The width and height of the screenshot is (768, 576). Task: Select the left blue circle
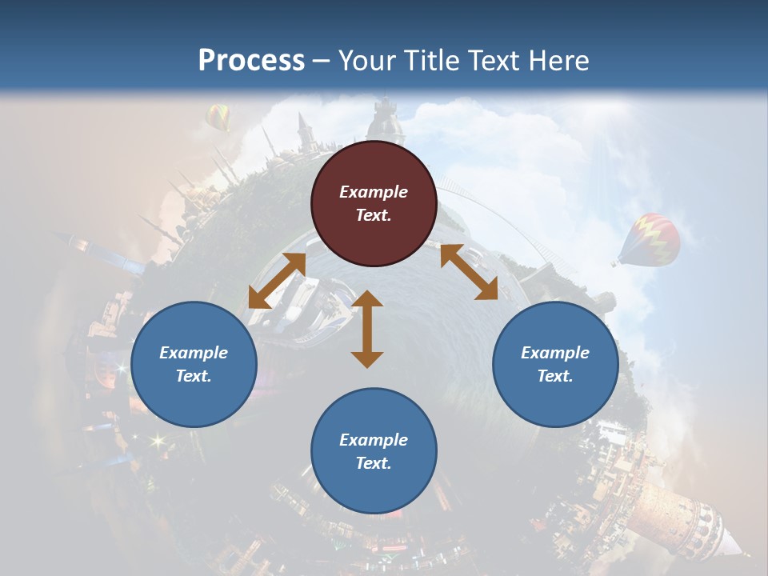[x=194, y=364]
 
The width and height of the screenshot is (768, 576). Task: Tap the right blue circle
[x=555, y=364]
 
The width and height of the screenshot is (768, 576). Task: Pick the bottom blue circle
[x=374, y=451]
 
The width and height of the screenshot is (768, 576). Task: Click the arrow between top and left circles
[x=277, y=281]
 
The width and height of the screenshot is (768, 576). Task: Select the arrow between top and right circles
[x=469, y=272]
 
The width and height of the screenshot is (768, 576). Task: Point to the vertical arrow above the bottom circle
[x=367, y=329]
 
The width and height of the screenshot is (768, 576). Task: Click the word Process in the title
[x=251, y=60]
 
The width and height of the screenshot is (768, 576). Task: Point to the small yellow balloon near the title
[x=218, y=117]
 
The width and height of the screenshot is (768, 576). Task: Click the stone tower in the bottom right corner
[x=688, y=512]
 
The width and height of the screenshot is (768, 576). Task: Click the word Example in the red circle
[x=374, y=192]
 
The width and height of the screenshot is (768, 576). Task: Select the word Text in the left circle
[x=194, y=376]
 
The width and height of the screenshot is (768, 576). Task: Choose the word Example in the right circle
[x=555, y=353]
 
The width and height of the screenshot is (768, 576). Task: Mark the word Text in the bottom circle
[x=374, y=463]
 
